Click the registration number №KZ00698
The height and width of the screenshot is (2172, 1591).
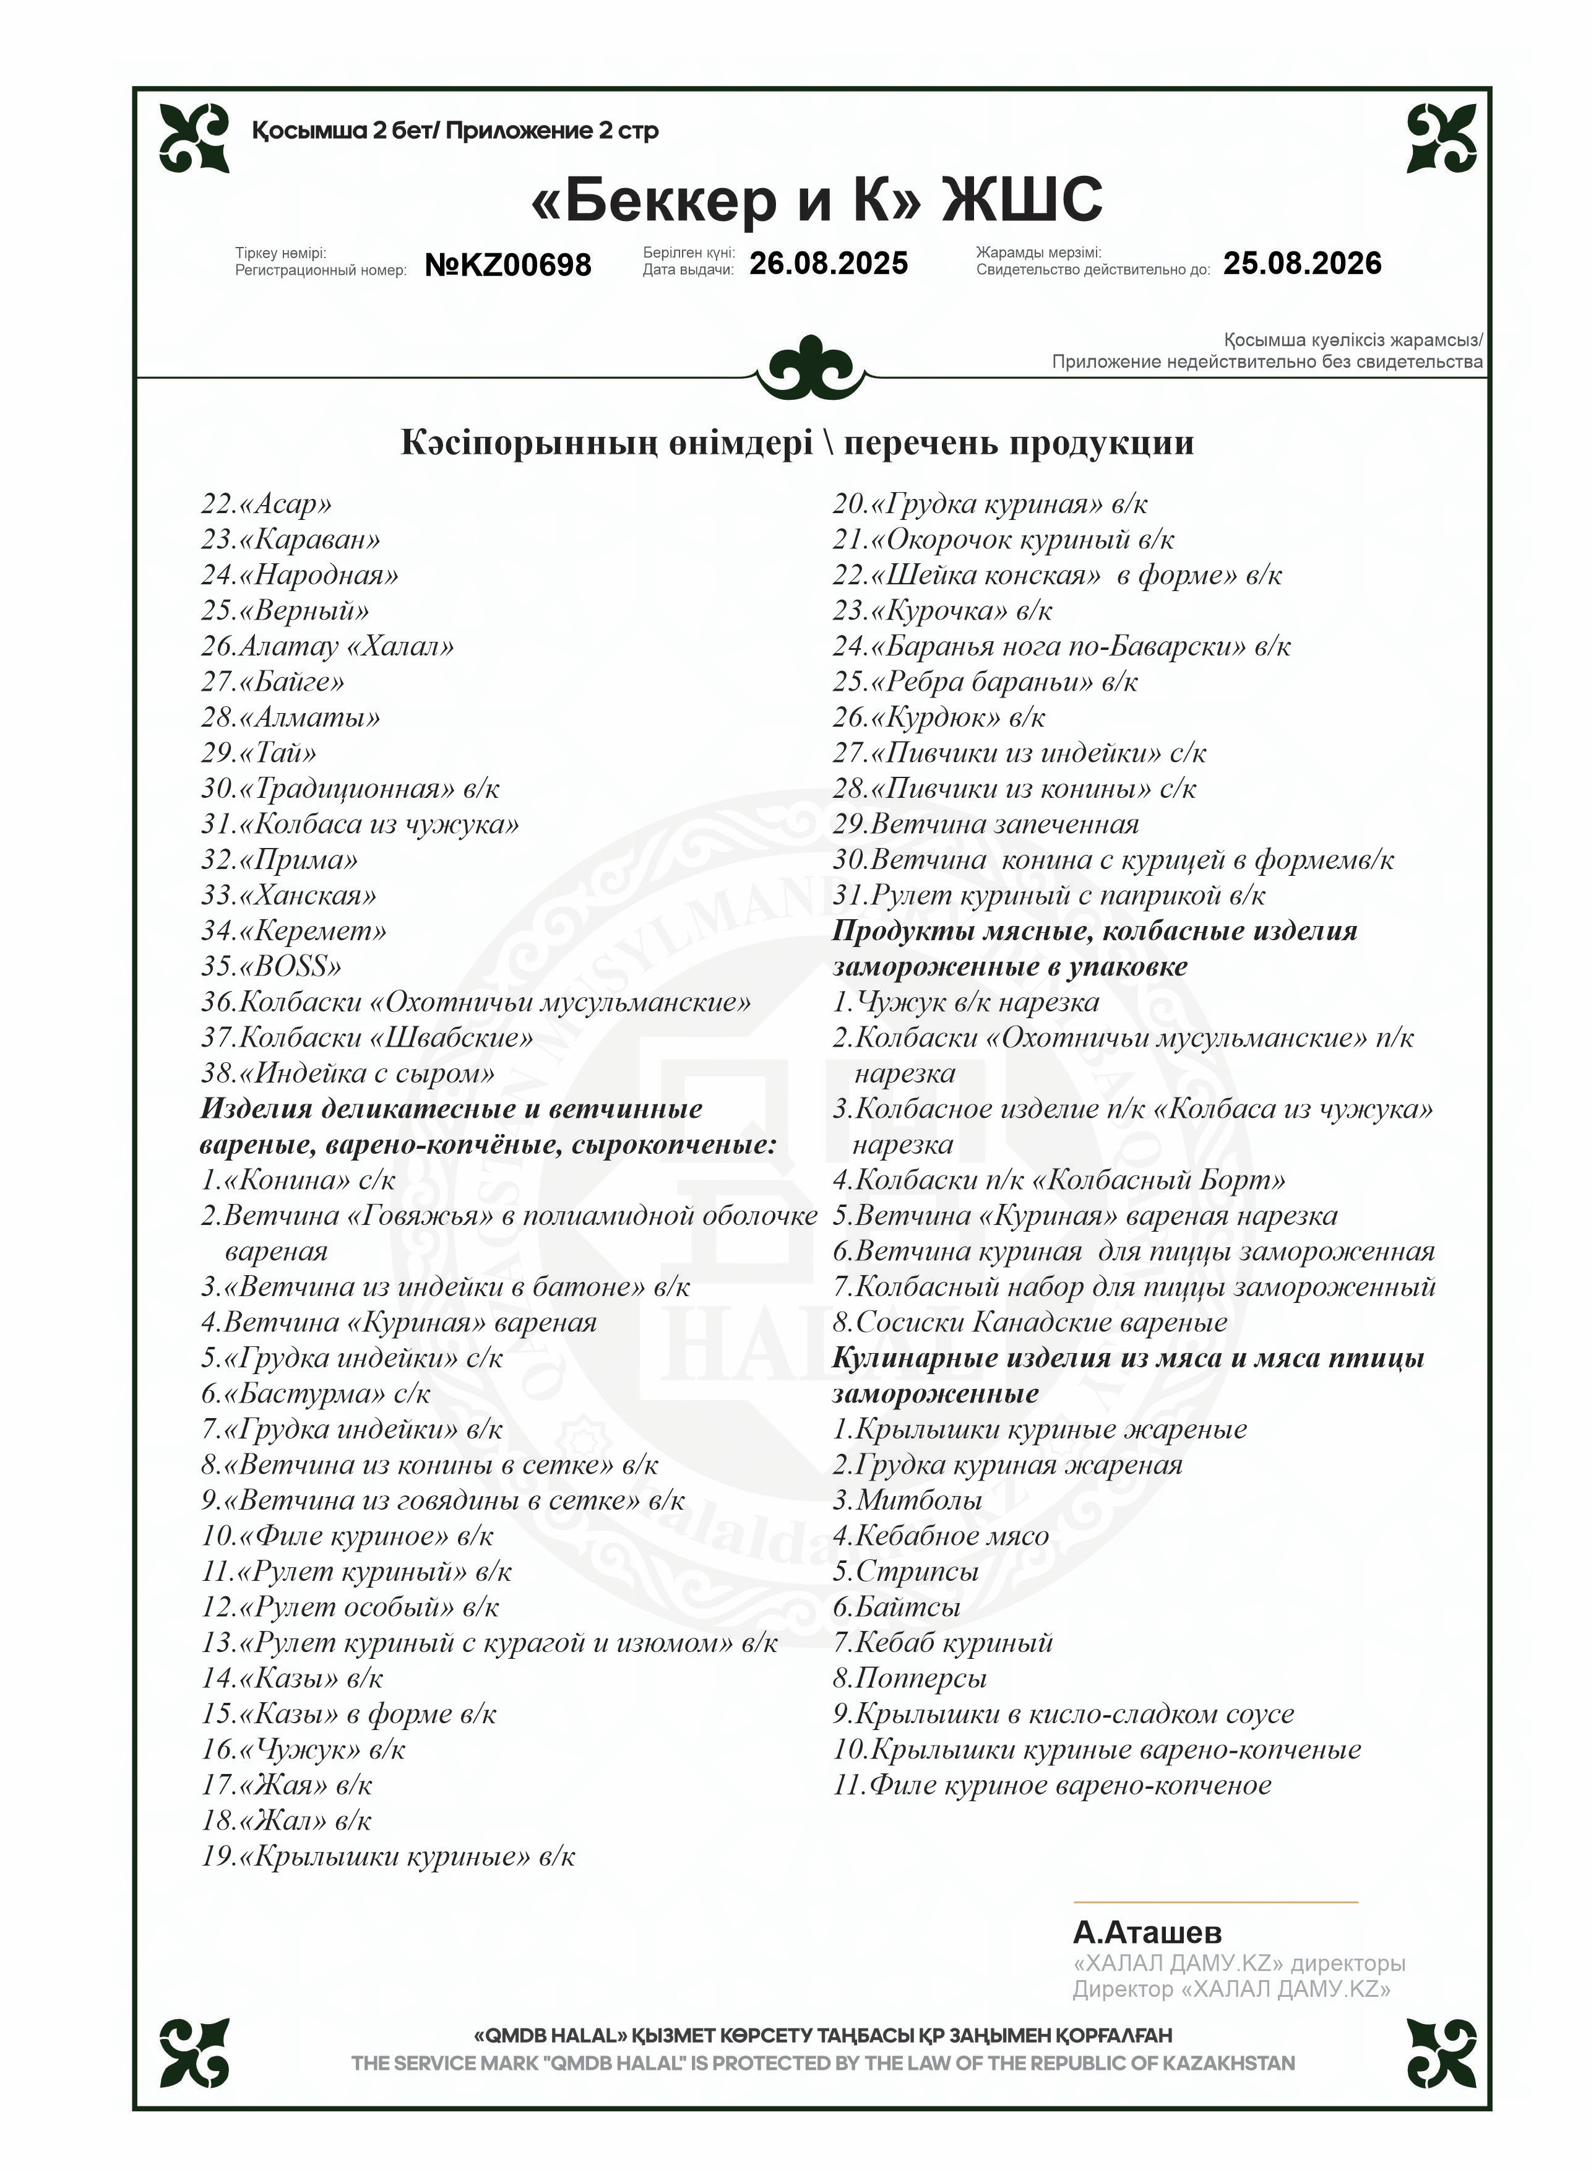coord(507,264)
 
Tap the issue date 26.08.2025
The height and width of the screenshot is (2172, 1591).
coord(828,263)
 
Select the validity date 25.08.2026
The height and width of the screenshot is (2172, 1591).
coord(1302,263)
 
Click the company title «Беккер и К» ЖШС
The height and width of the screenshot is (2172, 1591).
coord(817,199)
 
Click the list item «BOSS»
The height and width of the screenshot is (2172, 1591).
coord(272,966)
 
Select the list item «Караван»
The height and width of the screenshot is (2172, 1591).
coord(291,539)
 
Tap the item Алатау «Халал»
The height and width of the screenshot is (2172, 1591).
coord(327,646)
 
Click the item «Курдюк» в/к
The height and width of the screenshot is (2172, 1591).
coord(939,717)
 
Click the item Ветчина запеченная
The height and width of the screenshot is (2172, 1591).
coord(985,824)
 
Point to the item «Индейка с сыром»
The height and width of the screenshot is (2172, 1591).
coord(348,1073)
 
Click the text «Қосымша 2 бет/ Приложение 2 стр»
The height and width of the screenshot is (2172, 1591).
coord(455,131)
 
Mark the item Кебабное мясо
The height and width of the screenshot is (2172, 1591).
coord(940,1536)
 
